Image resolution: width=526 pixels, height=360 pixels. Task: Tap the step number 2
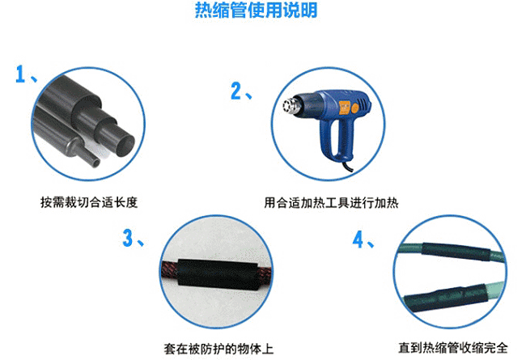[235, 90]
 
